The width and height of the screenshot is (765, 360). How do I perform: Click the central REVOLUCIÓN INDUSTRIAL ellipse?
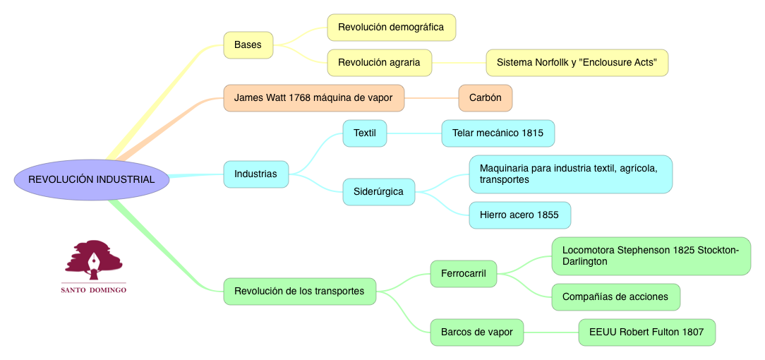pyautogui.click(x=92, y=179)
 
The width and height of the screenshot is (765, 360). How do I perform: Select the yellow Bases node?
pyautogui.click(x=248, y=44)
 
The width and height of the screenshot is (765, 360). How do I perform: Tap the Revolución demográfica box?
pyautogui.click(x=391, y=28)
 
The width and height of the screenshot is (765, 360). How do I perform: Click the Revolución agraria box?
pyautogui.click(x=379, y=62)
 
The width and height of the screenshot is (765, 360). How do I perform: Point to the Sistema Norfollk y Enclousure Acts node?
pyautogui.click(x=577, y=62)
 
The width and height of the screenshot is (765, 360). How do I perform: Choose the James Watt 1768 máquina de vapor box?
pyautogui.click(x=313, y=97)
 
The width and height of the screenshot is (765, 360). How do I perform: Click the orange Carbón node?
pyautogui.click(x=485, y=97)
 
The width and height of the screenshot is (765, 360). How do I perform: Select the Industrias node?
pyautogui.click(x=255, y=174)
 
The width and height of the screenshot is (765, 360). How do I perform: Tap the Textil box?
pyautogui.click(x=364, y=133)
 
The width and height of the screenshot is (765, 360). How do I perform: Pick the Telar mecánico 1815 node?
pyautogui.click(x=498, y=133)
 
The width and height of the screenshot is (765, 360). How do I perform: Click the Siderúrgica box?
pyautogui.click(x=378, y=191)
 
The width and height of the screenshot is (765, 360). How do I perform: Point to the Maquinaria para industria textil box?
pyautogui.click(x=570, y=174)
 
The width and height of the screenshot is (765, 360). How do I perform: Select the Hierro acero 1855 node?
pyautogui.click(x=519, y=215)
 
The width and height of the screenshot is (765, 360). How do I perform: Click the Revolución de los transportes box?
pyautogui.click(x=299, y=291)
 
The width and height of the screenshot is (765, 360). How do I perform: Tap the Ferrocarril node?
pyautogui.click(x=463, y=273)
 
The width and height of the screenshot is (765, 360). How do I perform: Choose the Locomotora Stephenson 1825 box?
pyautogui.click(x=650, y=256)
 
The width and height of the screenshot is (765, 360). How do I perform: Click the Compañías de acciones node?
pyautogui.click(x=615, y=296)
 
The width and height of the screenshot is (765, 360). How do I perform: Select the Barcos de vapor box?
pyautogui.click(x=476, y=332)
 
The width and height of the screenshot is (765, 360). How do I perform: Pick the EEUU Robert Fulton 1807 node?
pyautogui.click(x=646, y=332)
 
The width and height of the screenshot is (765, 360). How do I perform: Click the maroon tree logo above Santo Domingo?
pyautogui.click(x=94, y=260)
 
